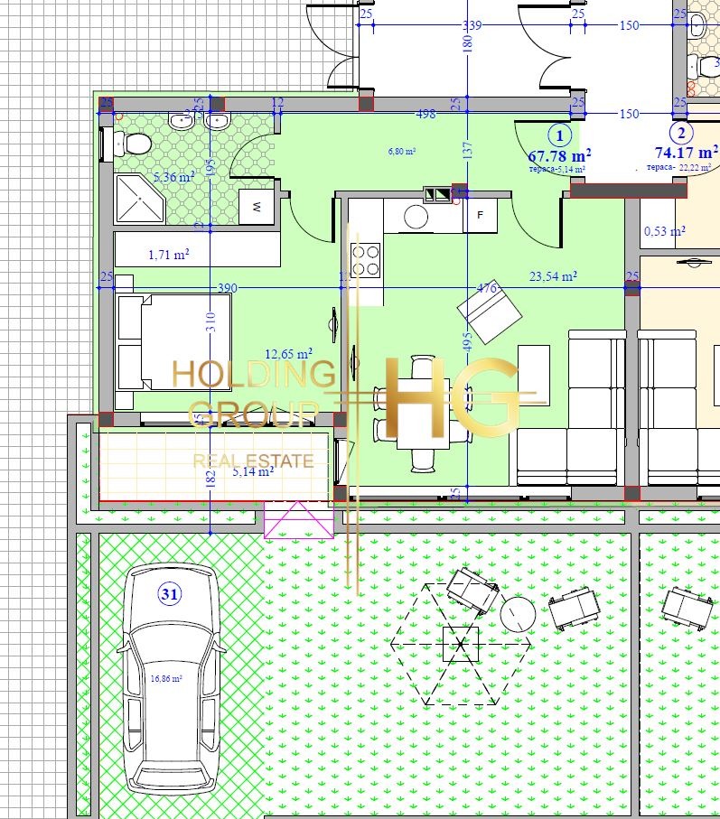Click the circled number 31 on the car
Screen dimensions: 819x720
169,593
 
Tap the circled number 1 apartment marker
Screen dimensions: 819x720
561,135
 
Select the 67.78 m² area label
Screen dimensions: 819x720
559,154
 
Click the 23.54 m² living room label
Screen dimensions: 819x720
553,276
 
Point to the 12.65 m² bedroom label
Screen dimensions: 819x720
288,353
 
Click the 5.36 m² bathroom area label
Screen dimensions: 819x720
174,177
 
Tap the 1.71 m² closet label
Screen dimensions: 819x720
168,256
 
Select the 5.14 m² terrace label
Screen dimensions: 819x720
253,470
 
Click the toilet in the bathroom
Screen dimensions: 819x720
133,143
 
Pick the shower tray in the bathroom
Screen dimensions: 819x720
139,199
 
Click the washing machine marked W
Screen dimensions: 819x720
257,207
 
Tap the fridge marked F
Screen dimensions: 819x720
480,215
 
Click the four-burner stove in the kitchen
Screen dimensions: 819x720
366,260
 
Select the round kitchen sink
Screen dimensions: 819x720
416,217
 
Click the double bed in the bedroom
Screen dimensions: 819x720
172,342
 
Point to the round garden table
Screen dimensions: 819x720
519,615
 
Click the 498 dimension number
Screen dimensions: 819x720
426,114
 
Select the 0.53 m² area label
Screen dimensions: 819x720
663,231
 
